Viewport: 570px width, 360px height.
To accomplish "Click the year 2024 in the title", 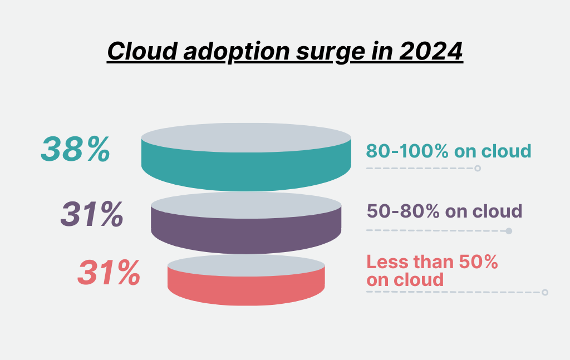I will click(x=431, y=51).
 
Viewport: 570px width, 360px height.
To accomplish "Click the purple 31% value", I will click(x=92, y=214).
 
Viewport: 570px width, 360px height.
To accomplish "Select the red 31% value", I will click(x=109, y=273).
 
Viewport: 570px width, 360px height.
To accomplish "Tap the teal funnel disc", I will click(x=246, y=164).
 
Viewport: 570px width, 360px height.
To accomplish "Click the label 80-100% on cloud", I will click(x=448, y=151).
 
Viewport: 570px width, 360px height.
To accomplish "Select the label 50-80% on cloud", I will click(x=444, y=211).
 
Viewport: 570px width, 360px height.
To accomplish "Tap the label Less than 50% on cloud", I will click(x=432, y=270).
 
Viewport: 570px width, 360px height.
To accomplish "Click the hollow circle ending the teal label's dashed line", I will click(x=478, y=168).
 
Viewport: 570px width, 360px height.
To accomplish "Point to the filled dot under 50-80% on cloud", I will click(x=508, y=230).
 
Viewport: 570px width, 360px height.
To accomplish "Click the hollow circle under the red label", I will click(x=545, y=292).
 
